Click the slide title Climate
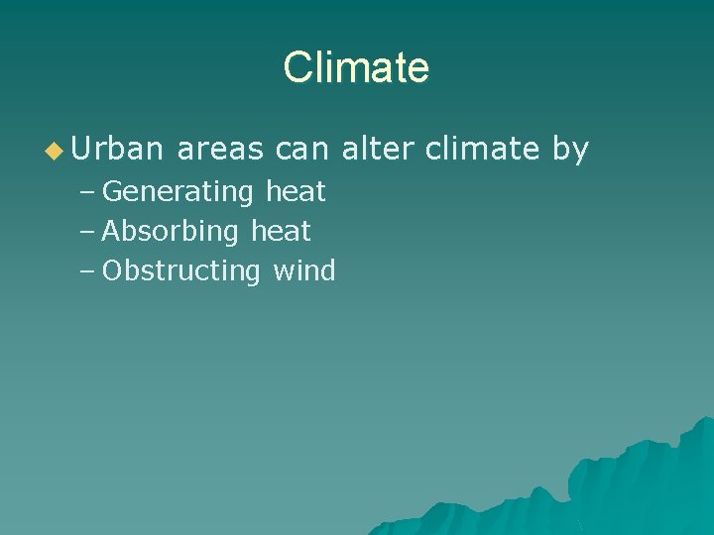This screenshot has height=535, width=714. [356, 67]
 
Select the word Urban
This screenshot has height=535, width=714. [116, 150]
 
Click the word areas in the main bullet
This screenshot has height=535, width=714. [219, 150]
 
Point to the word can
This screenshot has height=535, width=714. [301, 150]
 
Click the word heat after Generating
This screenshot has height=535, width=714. [296, 190]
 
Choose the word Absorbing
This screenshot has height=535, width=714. [172, 231]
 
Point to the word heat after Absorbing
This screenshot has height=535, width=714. [281, 231]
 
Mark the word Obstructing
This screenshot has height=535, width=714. [181, 270]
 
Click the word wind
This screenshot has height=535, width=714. [304, 270]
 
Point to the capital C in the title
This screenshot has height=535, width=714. [296, 67]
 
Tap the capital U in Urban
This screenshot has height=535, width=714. [81, 150]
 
